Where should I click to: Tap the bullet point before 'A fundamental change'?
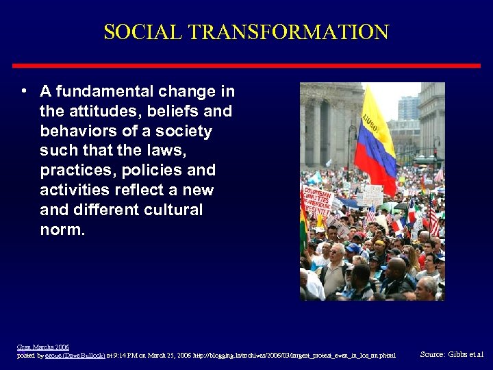24,91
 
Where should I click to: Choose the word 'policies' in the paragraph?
156,170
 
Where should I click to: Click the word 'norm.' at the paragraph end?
62,230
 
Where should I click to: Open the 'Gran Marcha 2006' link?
43,347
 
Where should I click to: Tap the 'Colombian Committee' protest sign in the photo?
317,203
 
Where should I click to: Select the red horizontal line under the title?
246,65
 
